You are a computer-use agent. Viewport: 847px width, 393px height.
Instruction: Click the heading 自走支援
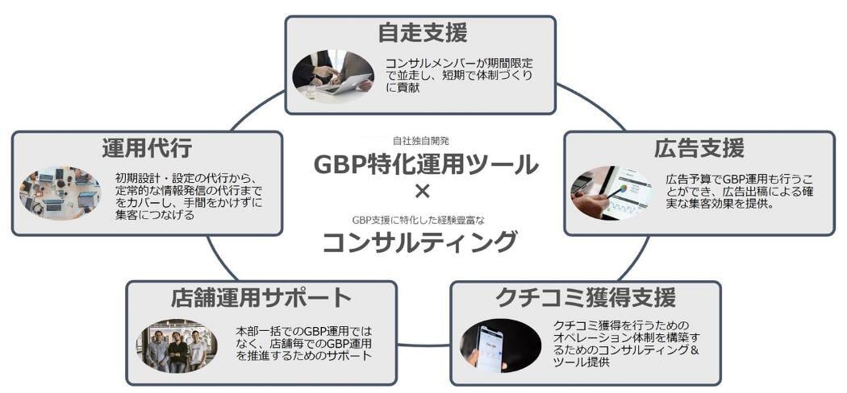click(422, 33)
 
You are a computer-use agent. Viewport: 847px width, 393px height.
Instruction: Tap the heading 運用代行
click(147, 148)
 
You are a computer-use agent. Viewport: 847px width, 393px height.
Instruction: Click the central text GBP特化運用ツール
click(426, 164)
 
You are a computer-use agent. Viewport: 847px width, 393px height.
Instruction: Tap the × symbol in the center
click(423, 192)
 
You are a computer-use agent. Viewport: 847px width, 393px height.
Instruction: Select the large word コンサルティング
click(419, 242)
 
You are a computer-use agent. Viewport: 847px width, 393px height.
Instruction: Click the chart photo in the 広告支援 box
click(611, 192)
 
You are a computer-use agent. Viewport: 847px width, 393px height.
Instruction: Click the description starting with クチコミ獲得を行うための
click(626, 343)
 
